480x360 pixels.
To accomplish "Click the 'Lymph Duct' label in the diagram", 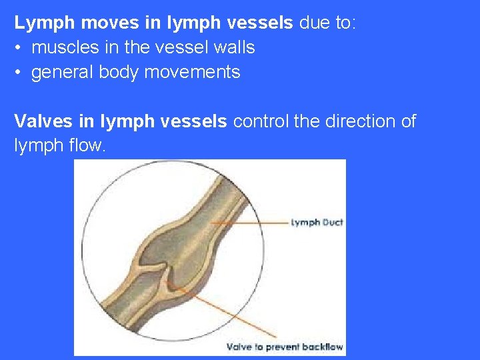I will pos(317,223).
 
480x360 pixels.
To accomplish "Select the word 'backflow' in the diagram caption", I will pos(323,347).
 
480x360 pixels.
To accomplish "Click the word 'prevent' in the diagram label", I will pos(283,347).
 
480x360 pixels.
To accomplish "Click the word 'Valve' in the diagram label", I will pos(240,347).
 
